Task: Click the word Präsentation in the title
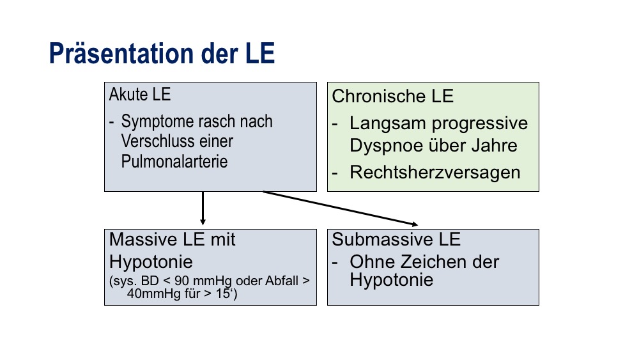[122, 54]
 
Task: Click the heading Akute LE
[140, 95]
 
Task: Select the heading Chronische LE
[393, 97]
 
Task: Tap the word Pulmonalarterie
[174, 161]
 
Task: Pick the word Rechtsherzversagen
[435, 173]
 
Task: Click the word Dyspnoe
[382, 146]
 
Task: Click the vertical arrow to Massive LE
[203, 208]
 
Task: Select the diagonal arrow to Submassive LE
[341, 208]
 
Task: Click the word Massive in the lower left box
[143, 239]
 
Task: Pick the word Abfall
[282, 281]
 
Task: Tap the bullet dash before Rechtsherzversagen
[335, 173]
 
